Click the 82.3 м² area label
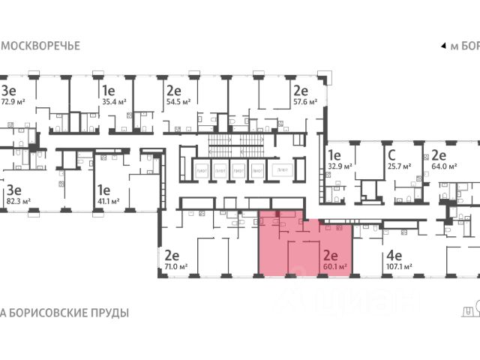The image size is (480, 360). tap(18, 201)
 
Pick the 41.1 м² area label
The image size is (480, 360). tap(108, 201)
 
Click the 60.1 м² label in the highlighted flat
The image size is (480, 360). tap(334, 265)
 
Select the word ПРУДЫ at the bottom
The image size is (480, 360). tap(106, 313)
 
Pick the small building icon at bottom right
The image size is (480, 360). tap(471, 309)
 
